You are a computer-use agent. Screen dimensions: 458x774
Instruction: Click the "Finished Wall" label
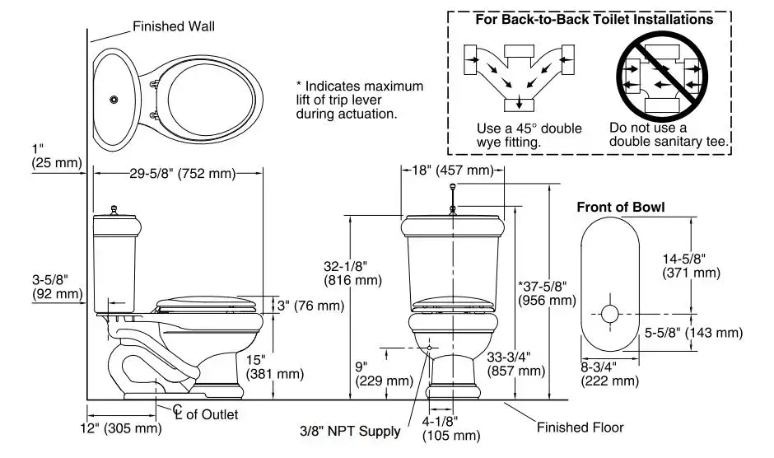(x=174, y=26)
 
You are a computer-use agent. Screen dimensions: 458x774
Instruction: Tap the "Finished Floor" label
(x=580, y=428)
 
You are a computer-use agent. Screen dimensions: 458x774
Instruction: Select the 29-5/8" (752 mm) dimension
(x=183, y=173)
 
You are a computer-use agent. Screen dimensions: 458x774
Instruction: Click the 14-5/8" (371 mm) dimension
(x=692, y=264)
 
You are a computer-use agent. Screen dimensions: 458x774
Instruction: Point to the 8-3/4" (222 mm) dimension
(x=609, y=373)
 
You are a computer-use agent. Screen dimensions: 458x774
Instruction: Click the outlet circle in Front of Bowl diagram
(x=609, y=313)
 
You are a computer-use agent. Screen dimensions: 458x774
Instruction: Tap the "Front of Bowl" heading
(x=620, y=207)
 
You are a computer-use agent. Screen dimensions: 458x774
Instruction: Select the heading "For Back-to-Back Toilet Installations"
(x=594, y=19)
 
